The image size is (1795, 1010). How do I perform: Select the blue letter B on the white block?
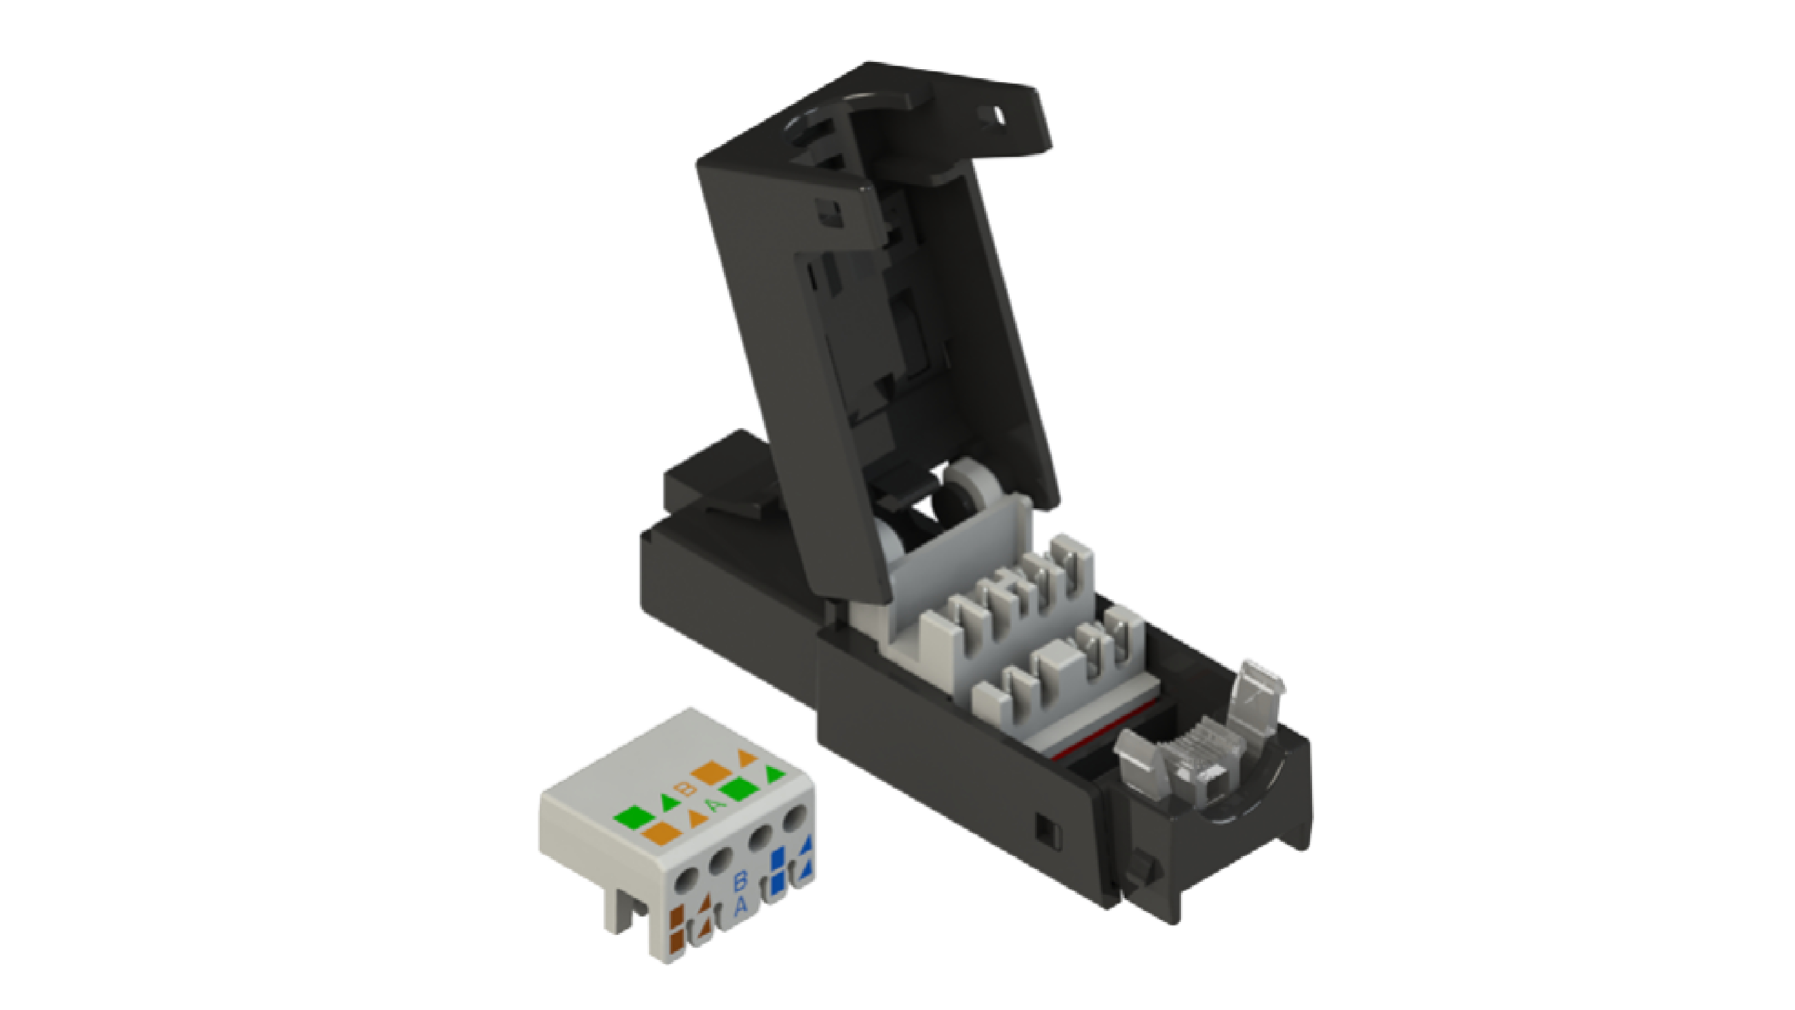(x=741, y=881)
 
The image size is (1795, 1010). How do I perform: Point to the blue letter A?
(x=741, y=906)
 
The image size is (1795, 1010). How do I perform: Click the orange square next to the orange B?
(x=710, y=772)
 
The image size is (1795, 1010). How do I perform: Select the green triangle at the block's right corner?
(x=775, y=773)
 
